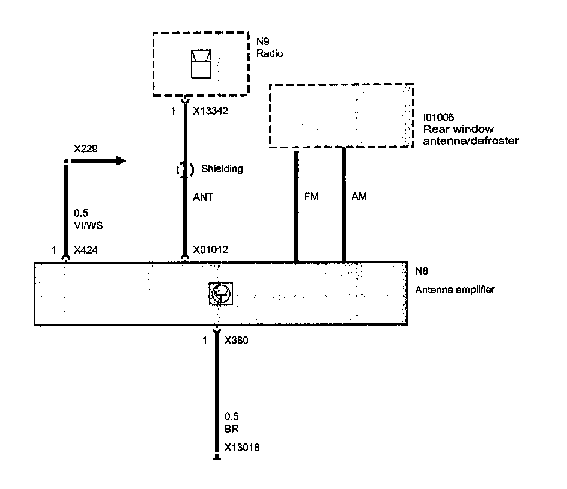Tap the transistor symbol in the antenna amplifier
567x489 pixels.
pos(220,293)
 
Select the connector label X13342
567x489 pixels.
pos(211,111)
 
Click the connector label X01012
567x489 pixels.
pos(211,249)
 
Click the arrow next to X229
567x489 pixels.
pos(99,160)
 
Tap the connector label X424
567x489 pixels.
pos(85,249)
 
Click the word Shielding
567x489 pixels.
pos(223,169)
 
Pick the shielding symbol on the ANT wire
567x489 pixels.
pos(186,170)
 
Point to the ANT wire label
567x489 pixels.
pos(202,196)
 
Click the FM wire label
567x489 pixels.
pos(312,196)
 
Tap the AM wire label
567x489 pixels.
pos(359,196)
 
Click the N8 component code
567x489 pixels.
pos(422,272)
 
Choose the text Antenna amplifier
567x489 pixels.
pos(455,290)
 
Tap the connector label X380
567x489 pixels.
pos(236,341)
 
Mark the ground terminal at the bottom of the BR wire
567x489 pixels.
pos(217,460)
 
